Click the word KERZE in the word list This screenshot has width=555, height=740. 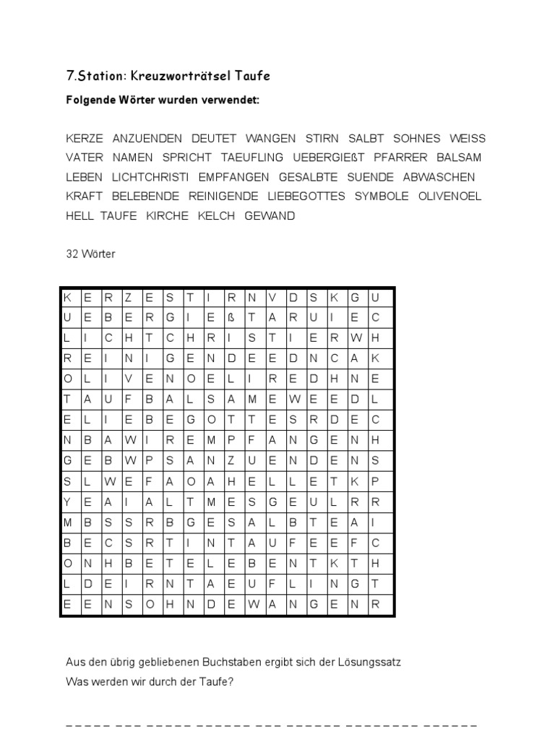(85, 138)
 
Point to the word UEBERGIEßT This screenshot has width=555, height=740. (330, 158)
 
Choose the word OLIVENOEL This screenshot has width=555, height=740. (449, 197)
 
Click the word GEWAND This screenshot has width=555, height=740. (270, 216)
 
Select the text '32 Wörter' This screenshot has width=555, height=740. (90, 254)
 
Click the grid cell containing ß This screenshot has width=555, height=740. (232, 317)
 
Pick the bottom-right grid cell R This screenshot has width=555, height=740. (375, 606)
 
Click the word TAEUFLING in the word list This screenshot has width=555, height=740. (253, 158)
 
